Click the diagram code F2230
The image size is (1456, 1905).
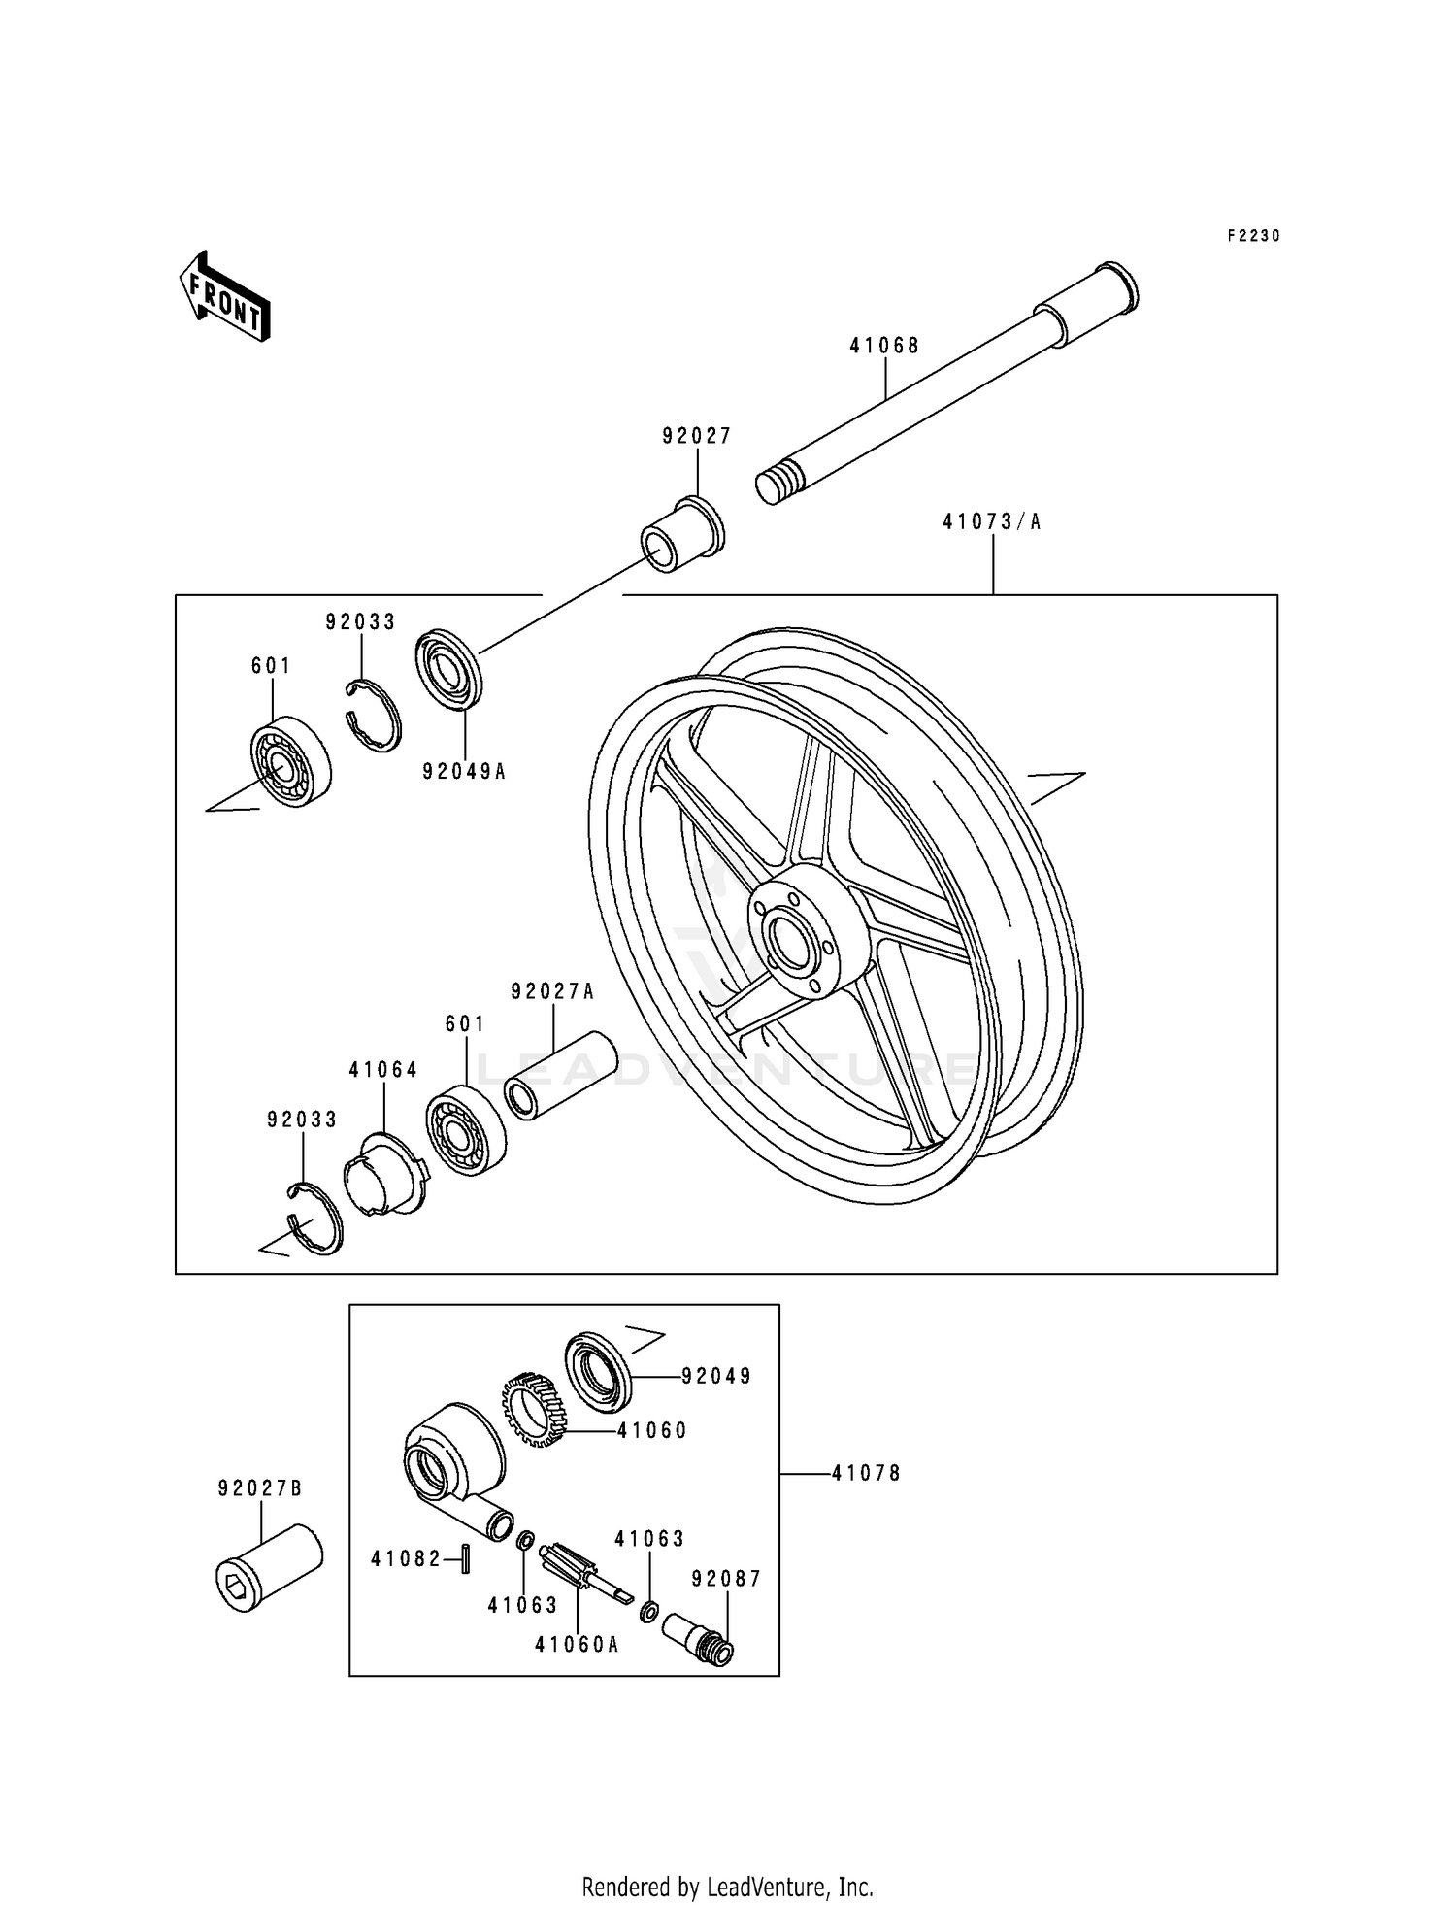tap(1253, 236)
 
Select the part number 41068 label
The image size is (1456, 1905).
tap(884, 346)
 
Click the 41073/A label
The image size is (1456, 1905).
tap(991, 522)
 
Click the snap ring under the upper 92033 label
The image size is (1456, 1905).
tap(374, 716)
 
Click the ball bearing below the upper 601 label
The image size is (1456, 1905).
tap(289, 764)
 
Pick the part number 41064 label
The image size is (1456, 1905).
tap(383, 1070)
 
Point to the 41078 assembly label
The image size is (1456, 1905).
tap(866, 1474)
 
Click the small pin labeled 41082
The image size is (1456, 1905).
tap(465, 1559)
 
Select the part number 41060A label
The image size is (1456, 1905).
tap(577, 1645)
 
